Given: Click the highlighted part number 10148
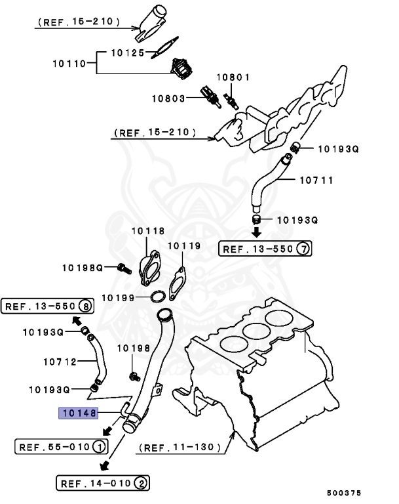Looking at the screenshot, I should click(78, 413).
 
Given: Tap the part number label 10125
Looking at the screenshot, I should click(126, 51).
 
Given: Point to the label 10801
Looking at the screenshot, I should click(234, 77).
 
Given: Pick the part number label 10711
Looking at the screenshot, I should click(316, 178).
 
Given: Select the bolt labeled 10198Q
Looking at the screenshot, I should click(121, 268).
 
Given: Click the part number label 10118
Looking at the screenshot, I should click(147, 231).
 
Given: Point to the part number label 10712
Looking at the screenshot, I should click(60, 361).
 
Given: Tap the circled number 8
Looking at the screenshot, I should click(85, 306).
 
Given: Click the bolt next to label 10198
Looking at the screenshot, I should click(134, 377).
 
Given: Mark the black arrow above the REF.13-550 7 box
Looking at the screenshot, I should click(257, 232).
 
